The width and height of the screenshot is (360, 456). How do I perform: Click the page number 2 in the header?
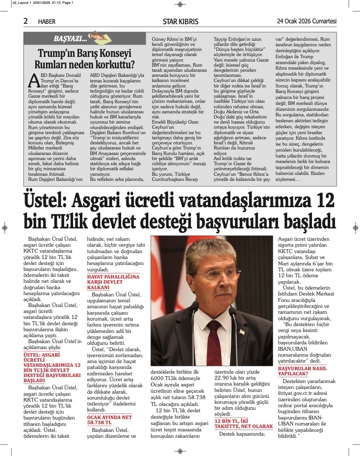[26, 21]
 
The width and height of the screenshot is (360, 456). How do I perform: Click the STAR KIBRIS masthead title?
[181, 21]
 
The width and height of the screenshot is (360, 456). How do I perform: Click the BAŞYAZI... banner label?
[70, 39]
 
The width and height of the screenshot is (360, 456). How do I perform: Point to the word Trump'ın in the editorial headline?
[57, 54]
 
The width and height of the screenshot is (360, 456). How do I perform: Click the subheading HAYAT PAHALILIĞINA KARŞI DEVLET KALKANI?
[113, 282]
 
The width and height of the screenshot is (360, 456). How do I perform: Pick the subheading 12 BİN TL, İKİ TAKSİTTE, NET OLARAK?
[244, 423]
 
